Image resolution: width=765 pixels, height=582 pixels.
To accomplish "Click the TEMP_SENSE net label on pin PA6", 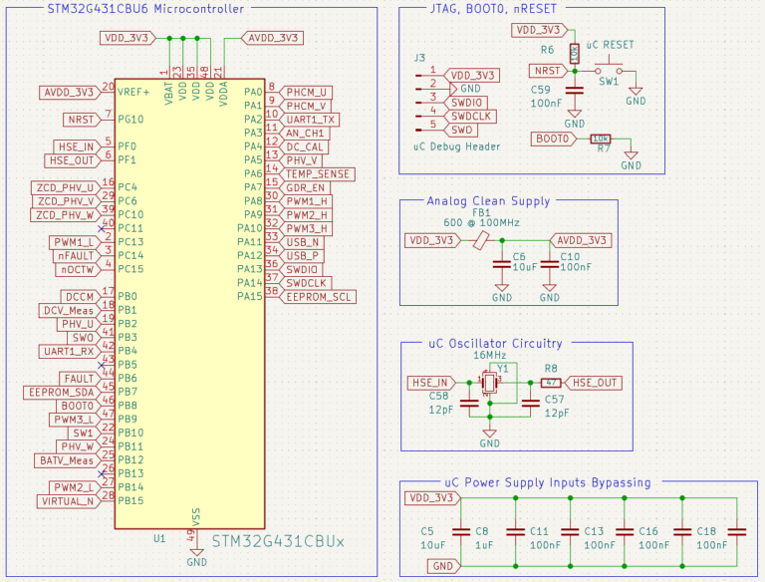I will (x=317, y=173).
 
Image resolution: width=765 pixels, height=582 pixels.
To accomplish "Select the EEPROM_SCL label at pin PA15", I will (x=317, y=297).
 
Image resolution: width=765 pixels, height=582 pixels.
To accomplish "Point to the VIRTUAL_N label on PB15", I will (x=68, y=501).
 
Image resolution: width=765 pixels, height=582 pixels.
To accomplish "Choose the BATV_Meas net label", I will (x=68, y=460).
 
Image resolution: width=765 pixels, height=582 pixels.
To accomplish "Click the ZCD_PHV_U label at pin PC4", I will (x=63, y=187).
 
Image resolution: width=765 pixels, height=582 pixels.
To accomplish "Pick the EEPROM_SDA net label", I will (x=63, y=393).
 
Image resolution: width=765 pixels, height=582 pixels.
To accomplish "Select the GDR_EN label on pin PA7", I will (x=305, y=187).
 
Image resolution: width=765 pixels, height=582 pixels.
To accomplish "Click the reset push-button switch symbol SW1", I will (x=609, y=72).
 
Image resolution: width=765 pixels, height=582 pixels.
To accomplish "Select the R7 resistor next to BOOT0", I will (x=601, y=139).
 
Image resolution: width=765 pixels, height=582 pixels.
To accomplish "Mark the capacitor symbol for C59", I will (x=575, y=93).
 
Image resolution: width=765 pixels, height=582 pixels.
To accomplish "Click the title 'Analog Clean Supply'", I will (x=487, y=201).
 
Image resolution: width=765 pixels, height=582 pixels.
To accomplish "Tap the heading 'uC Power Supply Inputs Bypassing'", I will (x=547, y=482).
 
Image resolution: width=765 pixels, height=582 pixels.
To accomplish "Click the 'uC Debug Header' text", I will (x=455, y=146).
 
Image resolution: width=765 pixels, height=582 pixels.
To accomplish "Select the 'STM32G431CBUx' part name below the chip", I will (x=278, y=541).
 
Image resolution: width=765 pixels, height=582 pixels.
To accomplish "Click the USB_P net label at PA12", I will (x=302, y=255).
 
